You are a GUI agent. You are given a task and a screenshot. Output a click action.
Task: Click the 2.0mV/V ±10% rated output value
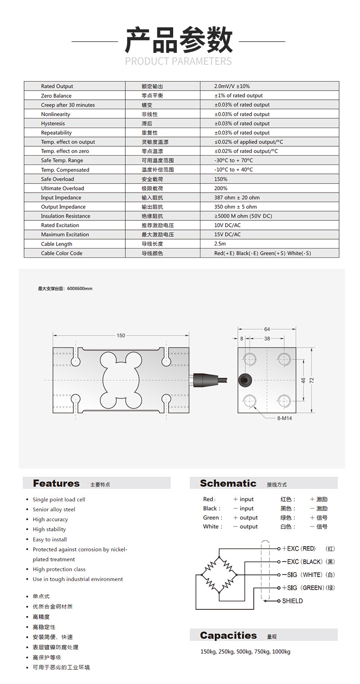232,86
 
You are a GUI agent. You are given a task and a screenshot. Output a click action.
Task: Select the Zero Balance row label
56,96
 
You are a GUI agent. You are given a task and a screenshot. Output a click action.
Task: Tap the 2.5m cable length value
221,244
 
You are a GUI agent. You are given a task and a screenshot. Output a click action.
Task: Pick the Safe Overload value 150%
221,179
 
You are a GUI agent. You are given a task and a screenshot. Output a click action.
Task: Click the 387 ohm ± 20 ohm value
237,198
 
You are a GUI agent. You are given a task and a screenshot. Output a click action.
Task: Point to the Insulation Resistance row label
65,216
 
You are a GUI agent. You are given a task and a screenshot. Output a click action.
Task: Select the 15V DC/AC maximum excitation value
227,235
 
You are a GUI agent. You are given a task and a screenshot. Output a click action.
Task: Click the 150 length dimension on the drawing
121,336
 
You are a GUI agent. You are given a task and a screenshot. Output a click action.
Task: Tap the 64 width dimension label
267,329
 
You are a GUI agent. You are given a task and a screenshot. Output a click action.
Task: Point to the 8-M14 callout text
284,418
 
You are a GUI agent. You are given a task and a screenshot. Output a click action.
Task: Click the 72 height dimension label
312,380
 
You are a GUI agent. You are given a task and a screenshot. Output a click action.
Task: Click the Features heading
56,483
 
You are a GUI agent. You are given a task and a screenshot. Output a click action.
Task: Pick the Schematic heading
228,483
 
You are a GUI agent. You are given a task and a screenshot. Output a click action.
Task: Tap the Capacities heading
228,635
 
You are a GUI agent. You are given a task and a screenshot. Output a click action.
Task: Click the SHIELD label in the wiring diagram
292,601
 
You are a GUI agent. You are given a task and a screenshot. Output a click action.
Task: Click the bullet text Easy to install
50,540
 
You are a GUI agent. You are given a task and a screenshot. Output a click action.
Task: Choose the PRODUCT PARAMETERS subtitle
178,61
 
